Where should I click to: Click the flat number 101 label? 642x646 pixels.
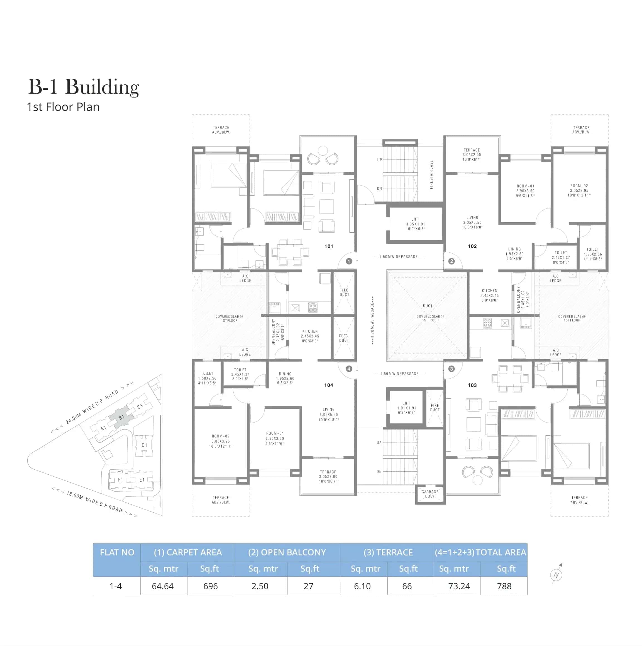tap(329, 246)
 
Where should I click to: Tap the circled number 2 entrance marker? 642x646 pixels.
tap(451, 261)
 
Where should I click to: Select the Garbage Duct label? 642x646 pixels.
tap(430, 494)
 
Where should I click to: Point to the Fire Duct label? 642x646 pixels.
tap(435, 407)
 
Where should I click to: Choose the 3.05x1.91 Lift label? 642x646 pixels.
tap(415, 224)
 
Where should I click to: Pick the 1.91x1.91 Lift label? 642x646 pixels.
tap(406, 408)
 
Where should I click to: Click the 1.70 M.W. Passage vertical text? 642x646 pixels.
tap(372, 324)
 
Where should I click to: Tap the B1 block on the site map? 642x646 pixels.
tap(121, 417)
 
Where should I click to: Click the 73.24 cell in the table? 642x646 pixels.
tap(459, 586)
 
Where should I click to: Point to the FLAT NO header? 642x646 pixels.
tap(117, 552)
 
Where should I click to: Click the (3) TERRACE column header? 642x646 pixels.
tap(388, 552)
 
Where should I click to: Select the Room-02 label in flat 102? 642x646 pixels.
tap(579, 190)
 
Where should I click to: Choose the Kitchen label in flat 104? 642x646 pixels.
tap(310, 336)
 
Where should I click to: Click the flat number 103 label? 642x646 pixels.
tap(472, 385)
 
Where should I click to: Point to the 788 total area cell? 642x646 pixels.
tap(504, 586)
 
